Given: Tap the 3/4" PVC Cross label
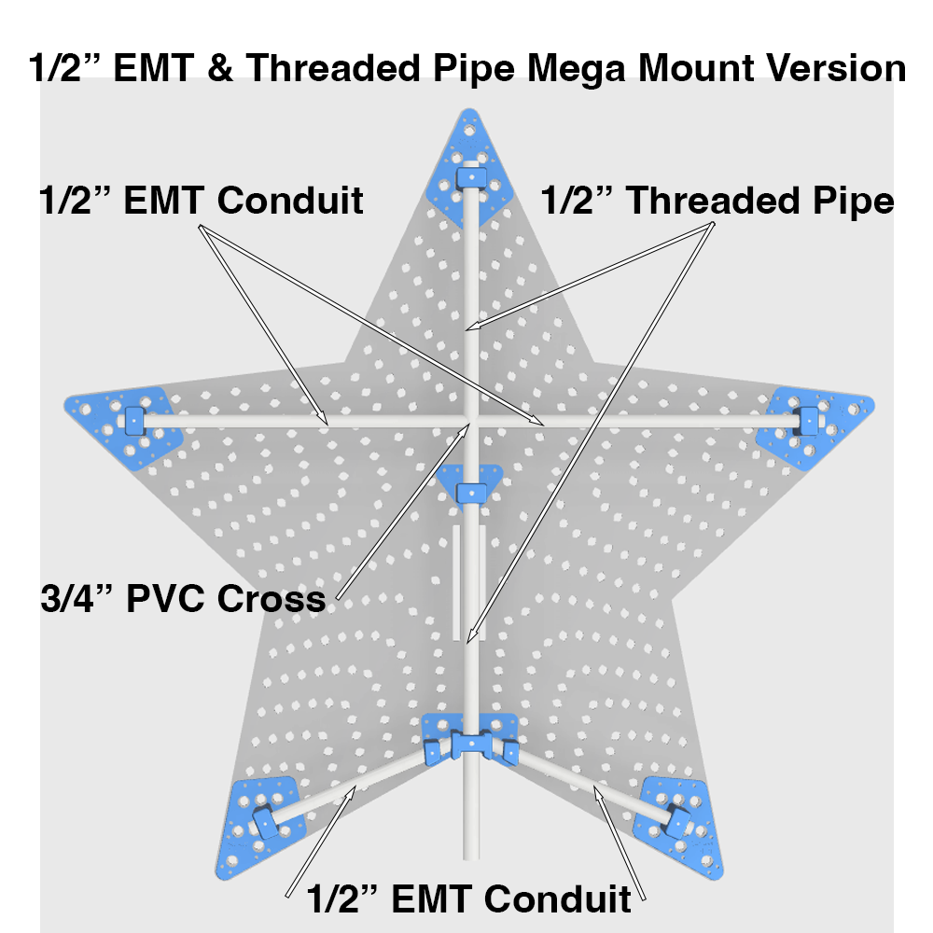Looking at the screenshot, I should tap(184, 598).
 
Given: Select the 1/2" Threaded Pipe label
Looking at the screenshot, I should tap(717, 202).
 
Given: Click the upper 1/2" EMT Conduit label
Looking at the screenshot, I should tap(202, 200).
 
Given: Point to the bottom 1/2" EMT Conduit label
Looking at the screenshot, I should tap(469, 899).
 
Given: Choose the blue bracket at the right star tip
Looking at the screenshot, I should tap(818, 423).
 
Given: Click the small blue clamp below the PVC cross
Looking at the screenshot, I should tap(471, 485).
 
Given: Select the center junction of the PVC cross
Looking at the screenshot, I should tap(471, 421).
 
